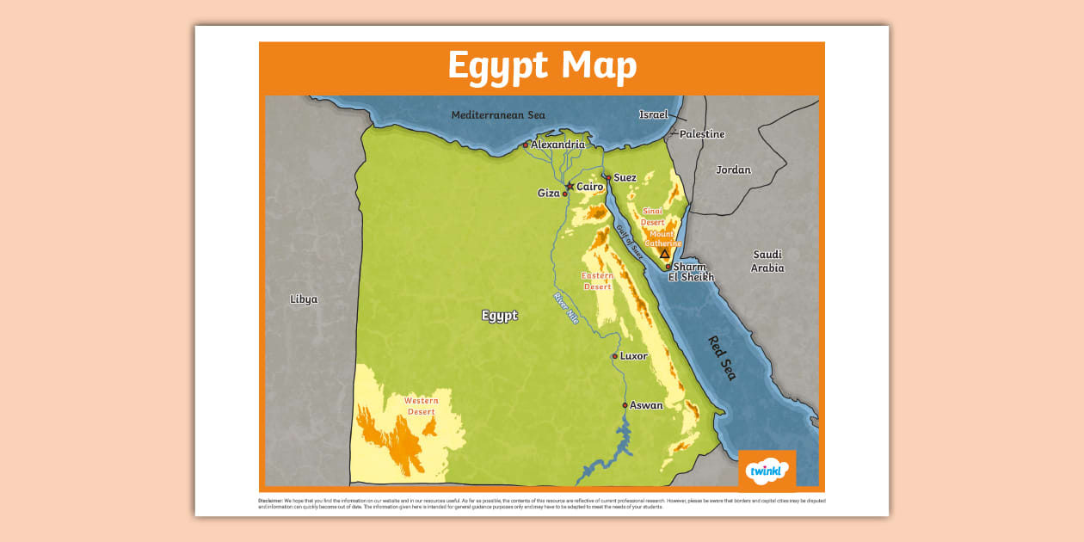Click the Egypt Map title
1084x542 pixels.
tap(542, 66)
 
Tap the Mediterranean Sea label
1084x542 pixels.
tap(498, 115)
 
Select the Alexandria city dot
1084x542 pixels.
tap(526, 145)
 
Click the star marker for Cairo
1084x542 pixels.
tap(569, 186)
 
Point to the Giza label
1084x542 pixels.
tap(548, 194)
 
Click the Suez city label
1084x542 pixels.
tap(625, 178)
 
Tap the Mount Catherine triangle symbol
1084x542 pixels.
tap(664, 254)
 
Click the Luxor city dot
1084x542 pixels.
tap(614, 356)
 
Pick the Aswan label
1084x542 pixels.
tap(646, 405)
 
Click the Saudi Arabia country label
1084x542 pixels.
tap(767, 261)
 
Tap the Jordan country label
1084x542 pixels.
tap(733, 170)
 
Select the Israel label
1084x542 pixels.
tap(653, 114)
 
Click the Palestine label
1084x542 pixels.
tap(702, 134)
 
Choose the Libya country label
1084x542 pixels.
tap(304, 299)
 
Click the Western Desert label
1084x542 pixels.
tap(422, 406)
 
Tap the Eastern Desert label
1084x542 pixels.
tap(597, 280)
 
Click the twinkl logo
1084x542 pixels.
tap(767, 471)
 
